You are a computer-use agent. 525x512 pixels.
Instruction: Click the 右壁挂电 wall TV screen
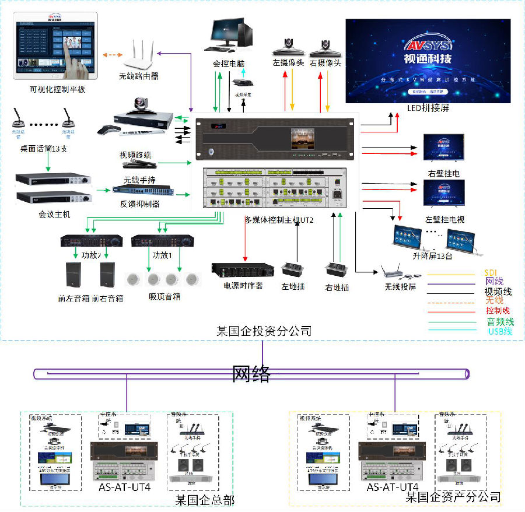click(x=443, y=148)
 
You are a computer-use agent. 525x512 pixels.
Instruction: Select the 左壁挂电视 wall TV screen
click(x=443, y=193)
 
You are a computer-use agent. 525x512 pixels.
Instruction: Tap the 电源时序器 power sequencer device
click(x=243, y=270)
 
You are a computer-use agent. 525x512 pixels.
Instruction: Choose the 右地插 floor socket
click(x=336, y=270)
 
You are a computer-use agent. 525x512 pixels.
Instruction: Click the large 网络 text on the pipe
click(x=251, y=373)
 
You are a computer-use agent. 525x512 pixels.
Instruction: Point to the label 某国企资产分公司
click(x=453, y=497)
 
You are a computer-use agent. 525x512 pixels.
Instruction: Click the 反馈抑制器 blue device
click(x=135, y=190)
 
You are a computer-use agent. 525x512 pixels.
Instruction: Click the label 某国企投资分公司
click(x=263, y=331)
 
